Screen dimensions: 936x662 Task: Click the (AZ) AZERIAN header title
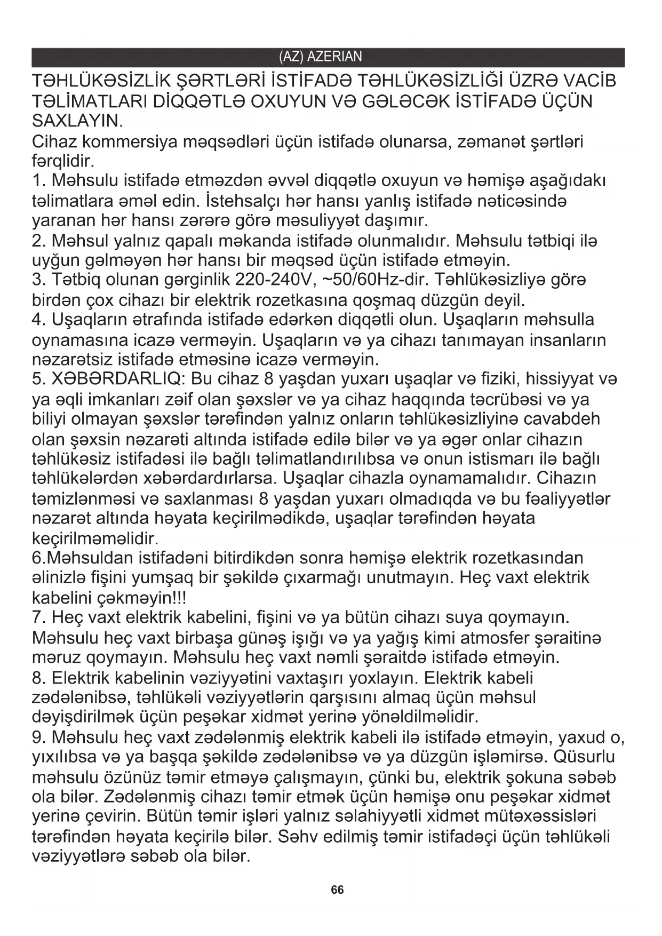(x=320, y=57)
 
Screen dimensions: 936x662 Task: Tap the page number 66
(x=337, y=890)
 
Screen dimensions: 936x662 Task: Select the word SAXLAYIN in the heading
(x=77, y=121)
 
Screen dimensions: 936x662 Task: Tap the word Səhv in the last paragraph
(x=292, y=837)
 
